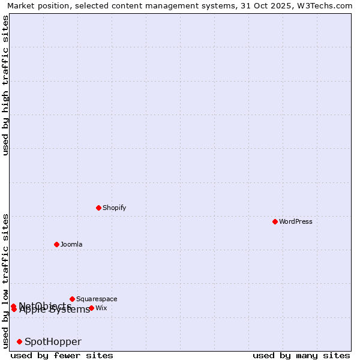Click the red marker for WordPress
click(275, 221)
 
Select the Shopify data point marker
click(98, 208)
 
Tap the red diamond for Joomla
click(56, 244)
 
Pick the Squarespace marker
click(72, 299)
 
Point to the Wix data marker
click(91, 308)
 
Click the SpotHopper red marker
click(19, 341)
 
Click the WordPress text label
click(296, 221)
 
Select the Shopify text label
click(114, 208)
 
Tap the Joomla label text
click(71, 244)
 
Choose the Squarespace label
click(97, 299)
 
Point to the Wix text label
click(101, 308)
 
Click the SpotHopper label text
click(53, 341)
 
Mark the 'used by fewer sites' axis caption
click(62, 355)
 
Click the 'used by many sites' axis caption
click(301, 355)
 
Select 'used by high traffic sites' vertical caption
click(6, 85)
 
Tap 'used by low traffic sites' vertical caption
click(6, 280)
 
